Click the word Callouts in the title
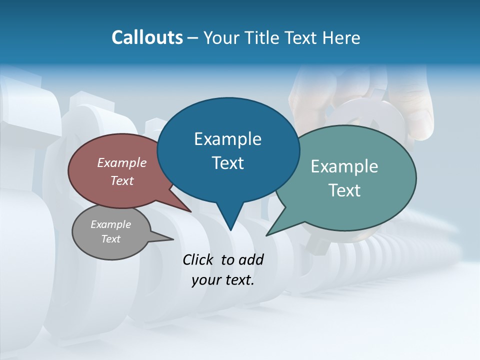click(x=147, y=37)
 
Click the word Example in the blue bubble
click(x=227, y=139)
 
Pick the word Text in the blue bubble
click(x=227, y=163)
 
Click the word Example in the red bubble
click(x=121, y=162)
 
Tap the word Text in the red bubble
click(x=121, y=180)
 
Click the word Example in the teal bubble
click(x=344, y=166)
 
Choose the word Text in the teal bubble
click(x=344, y=190)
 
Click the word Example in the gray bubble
click(x=110, y=224)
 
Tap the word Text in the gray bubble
click(x=110, y=239)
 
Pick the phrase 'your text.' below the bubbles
click(x=223, y=280)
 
